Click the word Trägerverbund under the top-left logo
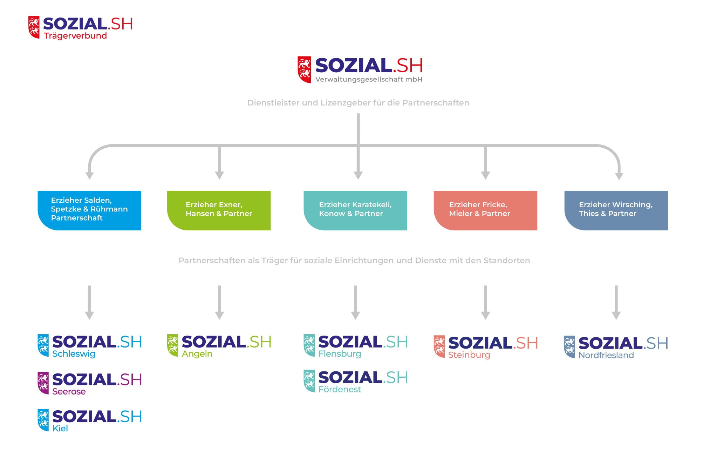[75, 36]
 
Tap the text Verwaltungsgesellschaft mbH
[369, 79]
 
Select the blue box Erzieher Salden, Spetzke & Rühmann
[89, 210]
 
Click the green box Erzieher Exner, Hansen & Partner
[219, 210]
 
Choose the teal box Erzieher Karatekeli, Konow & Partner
[355, 210]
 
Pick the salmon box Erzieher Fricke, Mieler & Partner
[485, 210]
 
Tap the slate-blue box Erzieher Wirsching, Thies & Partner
[616, 210]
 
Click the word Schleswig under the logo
[74, 354]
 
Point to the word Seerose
[69, 391]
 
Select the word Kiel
[60, 429]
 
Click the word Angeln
[197, 354]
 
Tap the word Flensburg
[340, 354]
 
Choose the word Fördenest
[340, 389]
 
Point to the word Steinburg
[469, 355]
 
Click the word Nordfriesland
[606, 355]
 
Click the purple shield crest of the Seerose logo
[43, 383]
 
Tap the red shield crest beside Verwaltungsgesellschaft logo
[304, 69]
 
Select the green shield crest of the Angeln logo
[172, 345]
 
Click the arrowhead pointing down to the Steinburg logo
[485, 315]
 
